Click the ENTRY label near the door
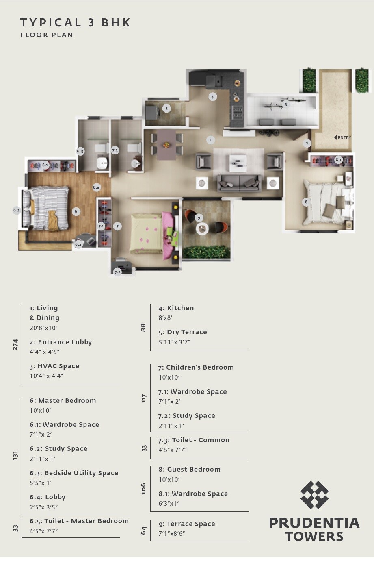[344, 137]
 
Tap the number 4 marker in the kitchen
[212, 97]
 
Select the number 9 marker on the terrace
[199, 218]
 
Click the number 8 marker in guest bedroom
[306, 202]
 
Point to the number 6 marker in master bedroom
[76, 211]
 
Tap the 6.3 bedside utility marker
[16, 210]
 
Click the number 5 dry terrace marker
[166, 109]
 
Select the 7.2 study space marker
[117, 272]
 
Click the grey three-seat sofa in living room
[239, 183]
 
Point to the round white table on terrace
[202, 229]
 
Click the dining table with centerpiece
[166, 144]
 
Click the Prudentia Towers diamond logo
[314, 495]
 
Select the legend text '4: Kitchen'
[176, 308]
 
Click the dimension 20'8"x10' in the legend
[43, 328]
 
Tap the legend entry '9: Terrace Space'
[187, 524]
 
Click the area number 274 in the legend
[15, 344]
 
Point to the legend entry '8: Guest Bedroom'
[189, 469]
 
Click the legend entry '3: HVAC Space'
[54, 366]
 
